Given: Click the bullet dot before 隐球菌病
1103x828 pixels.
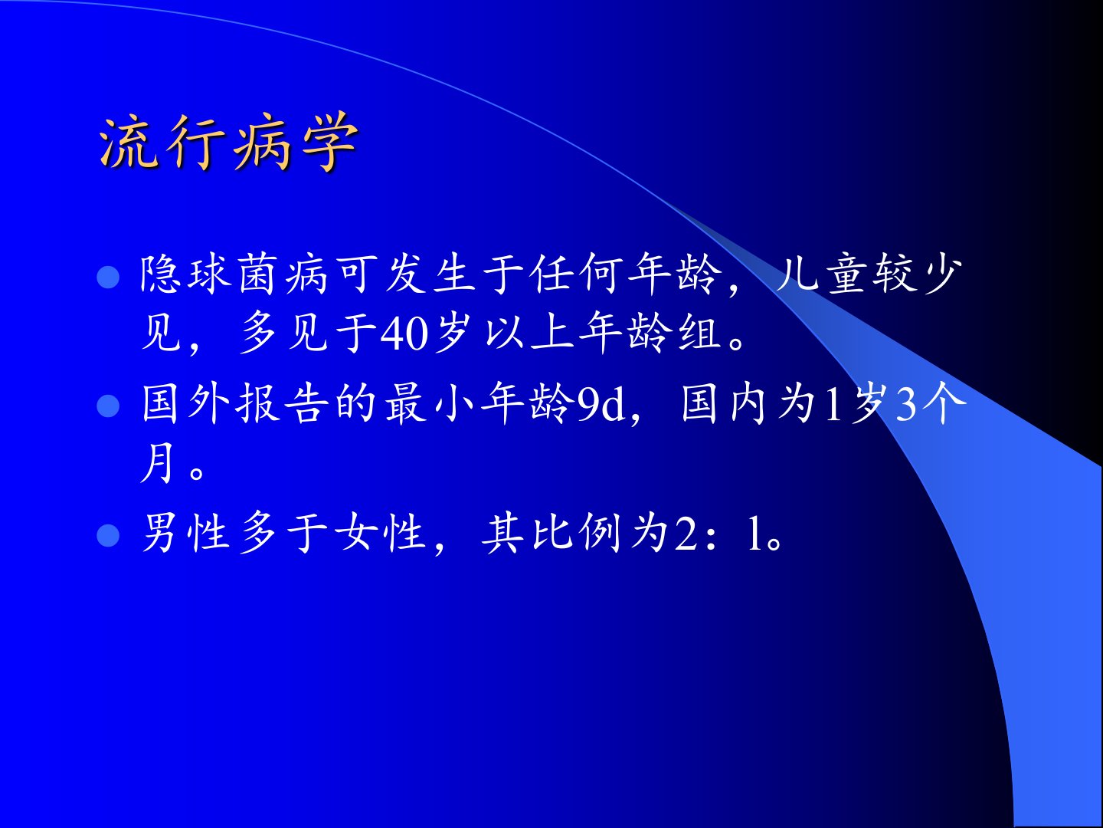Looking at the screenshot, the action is click(108, 277).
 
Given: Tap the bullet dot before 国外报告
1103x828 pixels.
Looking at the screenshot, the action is click(108, 406).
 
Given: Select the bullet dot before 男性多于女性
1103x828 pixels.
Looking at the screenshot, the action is click(108, 535).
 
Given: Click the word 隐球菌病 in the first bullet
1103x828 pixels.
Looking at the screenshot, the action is click(234, 274).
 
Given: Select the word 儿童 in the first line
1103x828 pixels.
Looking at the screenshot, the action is click(823, 274).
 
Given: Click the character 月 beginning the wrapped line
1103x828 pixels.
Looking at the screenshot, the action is click(157, 462).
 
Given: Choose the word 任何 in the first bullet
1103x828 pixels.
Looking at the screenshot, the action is click(577, 274).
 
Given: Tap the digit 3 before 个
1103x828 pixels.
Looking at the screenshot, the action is click(906, 406).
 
